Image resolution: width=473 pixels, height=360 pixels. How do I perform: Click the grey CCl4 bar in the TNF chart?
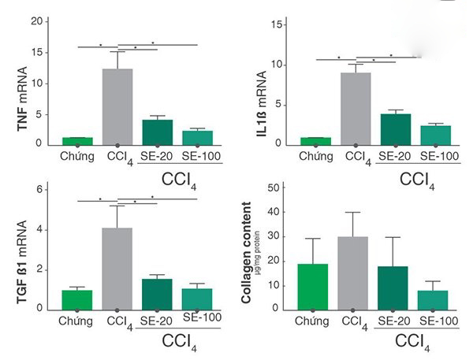pos(117,106)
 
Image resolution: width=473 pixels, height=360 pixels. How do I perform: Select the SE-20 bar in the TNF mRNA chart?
pos(157,132)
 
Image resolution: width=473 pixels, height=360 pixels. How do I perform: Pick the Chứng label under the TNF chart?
pos(77,155)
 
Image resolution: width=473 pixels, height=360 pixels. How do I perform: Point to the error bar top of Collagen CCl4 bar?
pos(353,212)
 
